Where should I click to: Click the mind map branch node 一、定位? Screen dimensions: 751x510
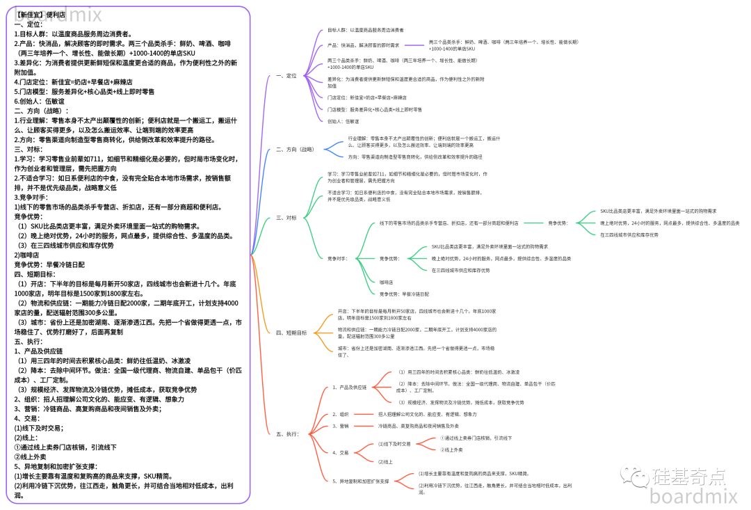286,75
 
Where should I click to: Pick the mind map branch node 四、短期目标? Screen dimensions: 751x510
291,333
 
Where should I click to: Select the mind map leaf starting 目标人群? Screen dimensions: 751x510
365,30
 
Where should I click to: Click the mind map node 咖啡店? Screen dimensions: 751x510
386,282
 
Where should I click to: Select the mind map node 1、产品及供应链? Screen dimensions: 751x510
349,387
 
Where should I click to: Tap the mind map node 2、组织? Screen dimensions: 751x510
341,414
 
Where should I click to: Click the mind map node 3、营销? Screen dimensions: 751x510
341,425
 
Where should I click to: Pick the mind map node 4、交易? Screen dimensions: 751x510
341,452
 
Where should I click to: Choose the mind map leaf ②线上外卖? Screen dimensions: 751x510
456,449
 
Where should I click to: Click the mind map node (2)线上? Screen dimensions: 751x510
386,461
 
